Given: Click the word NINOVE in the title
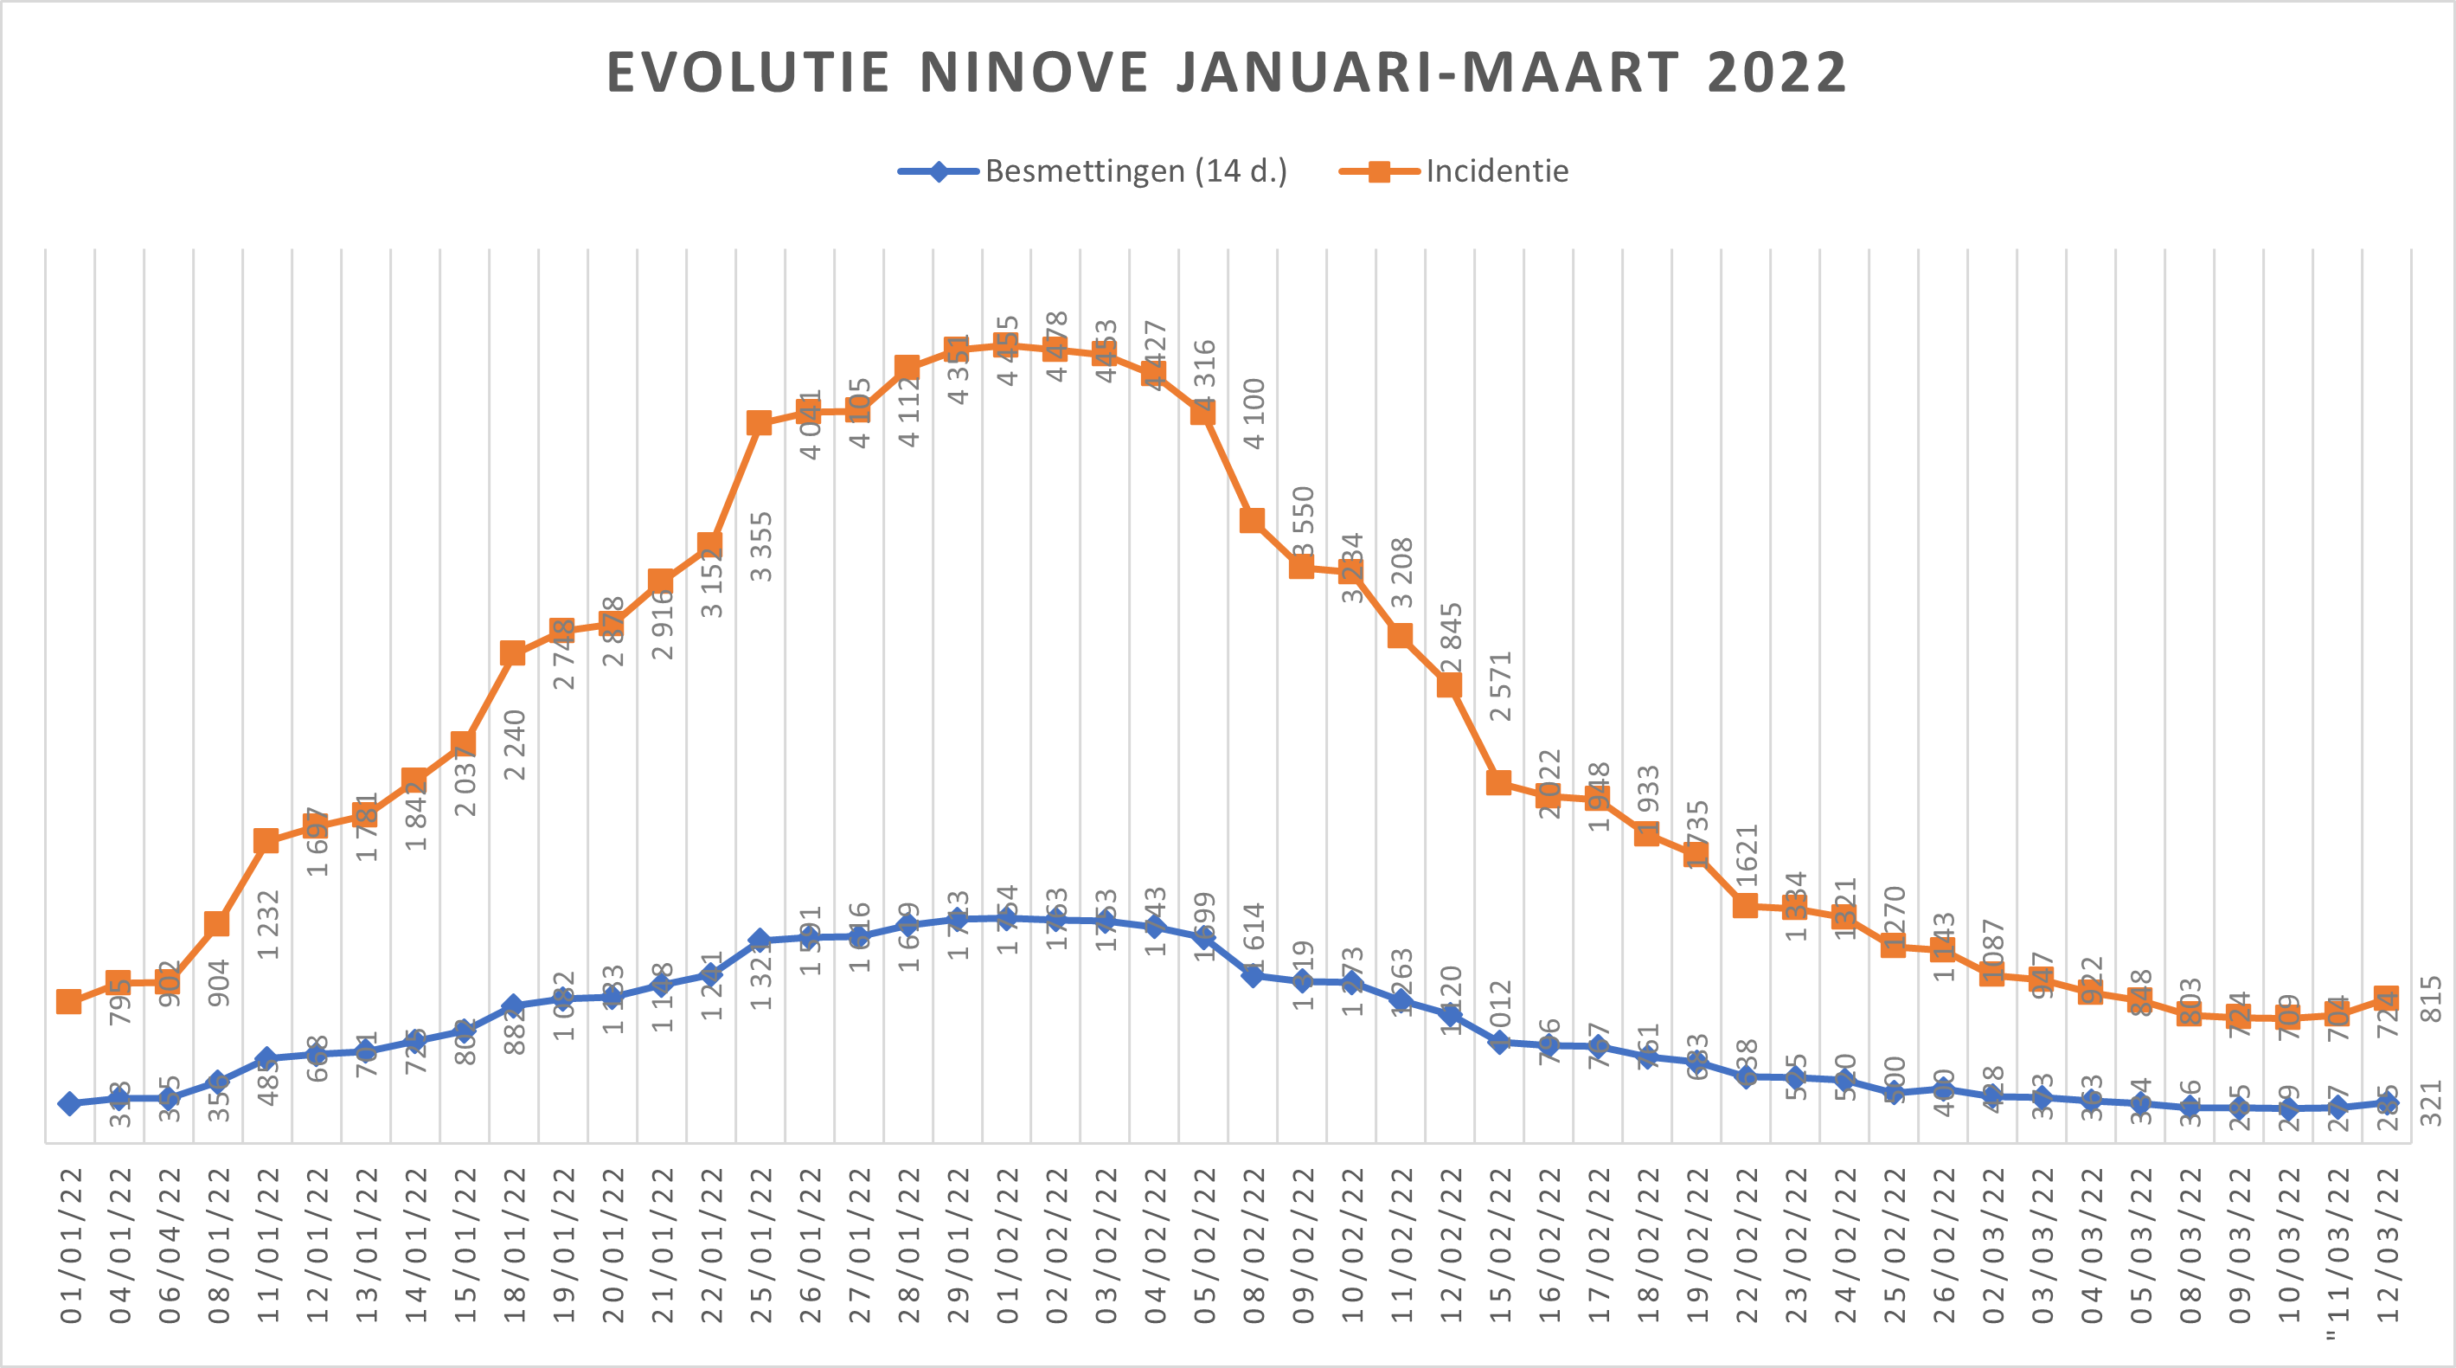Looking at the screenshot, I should (1034, 73).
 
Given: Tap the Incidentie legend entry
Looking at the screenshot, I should (1455, 171).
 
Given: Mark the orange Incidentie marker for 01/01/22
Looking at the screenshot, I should (68, 1001).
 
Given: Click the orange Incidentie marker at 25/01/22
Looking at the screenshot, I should (759, 423).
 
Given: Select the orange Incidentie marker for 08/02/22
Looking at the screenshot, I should (1252, 521).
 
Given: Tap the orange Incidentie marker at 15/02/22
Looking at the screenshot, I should (1498, 783).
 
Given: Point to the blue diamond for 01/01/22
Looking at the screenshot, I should (68, 1103).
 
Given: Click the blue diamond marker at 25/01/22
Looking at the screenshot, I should (759, 940).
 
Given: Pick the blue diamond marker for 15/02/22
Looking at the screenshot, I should (1498, 1042).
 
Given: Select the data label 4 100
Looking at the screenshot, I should (1254, 414).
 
